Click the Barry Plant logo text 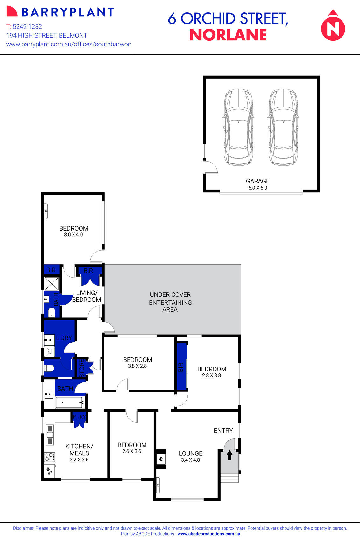67,12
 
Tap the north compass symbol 333,27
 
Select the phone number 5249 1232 27,27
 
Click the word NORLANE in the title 228,35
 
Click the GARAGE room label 258,181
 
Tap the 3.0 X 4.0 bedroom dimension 74,235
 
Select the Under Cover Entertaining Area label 170,302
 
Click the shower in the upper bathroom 52,284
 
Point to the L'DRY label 64,338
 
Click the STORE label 82,368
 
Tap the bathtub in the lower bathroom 69,402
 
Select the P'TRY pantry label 79,417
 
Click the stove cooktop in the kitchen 49,457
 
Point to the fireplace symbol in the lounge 161,459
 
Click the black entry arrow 229,455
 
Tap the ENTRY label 223,430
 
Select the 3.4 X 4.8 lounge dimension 190,460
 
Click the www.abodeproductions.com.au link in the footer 209,534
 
